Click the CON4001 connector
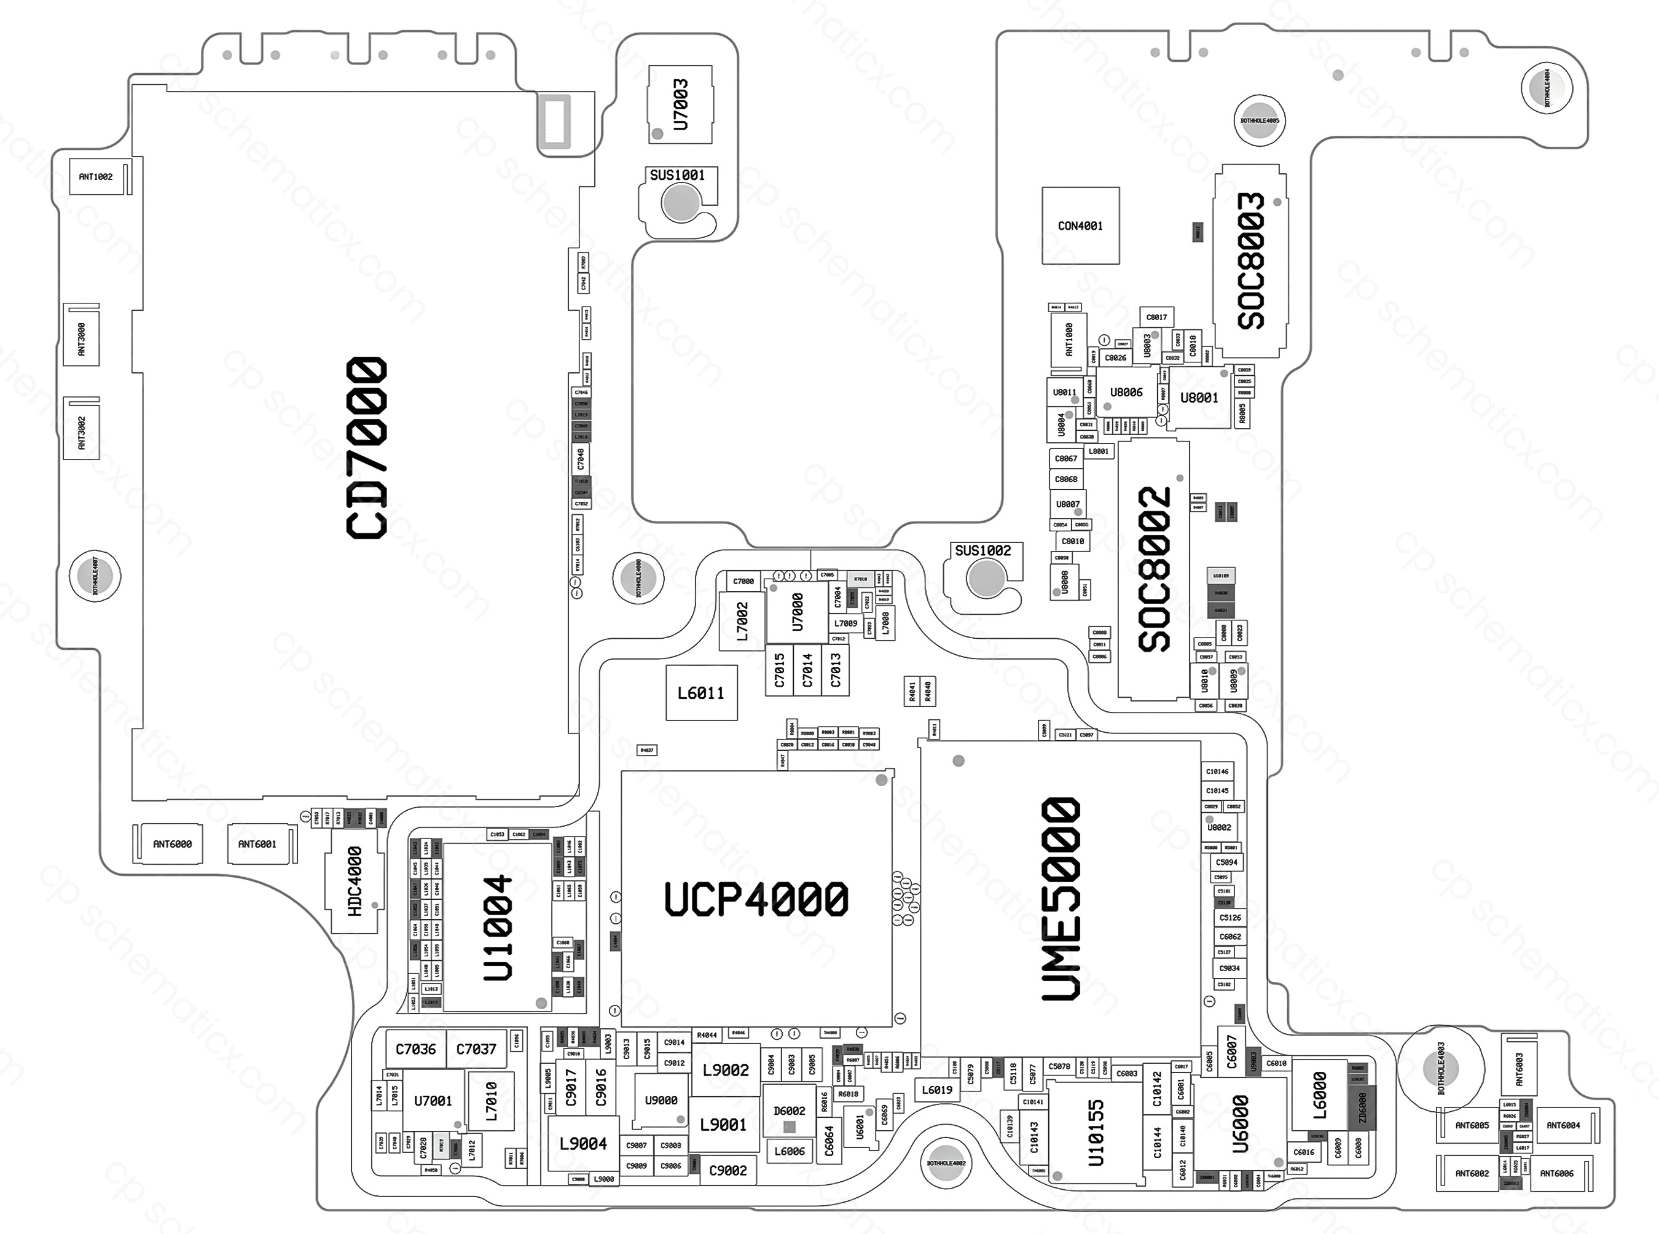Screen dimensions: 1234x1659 (x=1081, y=225)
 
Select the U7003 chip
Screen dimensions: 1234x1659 (x=680, y=104)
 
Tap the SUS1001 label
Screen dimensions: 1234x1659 (x=677, y=176)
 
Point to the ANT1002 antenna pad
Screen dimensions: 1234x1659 (x=96, y=177)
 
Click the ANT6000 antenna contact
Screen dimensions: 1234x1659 (x=172, y=844)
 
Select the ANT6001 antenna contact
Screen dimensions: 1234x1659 (x=257, y=844)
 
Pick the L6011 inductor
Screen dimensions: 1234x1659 (x=701, y=693)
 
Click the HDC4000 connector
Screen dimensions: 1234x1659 (x=356, y=881)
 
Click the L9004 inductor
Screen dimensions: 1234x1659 (x=584, y=1144)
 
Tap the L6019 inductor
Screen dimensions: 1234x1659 (x=937, y=1090)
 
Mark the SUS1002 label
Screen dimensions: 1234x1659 (x=982, y=551)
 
